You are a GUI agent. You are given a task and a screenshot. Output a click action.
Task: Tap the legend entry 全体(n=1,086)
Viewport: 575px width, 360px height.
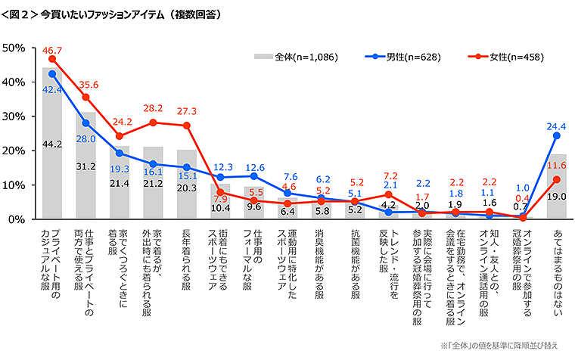pos(300,57)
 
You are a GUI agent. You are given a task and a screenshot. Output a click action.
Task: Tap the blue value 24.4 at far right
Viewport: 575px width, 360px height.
pos(556,125)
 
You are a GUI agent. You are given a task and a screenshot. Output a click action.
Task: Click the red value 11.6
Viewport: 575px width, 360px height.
pos(556,164)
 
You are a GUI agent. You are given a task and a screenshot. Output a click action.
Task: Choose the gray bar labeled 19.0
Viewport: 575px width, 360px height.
pos(556,189)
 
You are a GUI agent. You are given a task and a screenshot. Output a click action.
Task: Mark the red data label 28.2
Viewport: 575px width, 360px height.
pos(154,109)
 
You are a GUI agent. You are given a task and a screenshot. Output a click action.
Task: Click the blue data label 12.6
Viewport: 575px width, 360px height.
pos(254,167)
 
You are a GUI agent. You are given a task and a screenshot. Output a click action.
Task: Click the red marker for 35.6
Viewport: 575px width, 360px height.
pos(85,97)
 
